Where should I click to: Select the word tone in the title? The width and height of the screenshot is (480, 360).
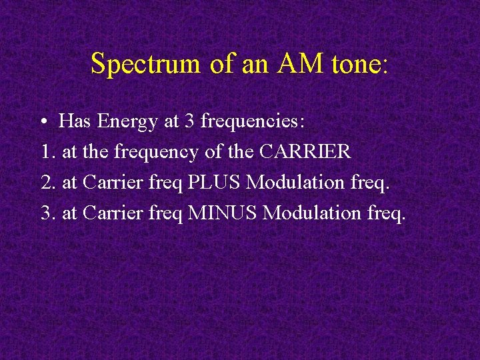coord(351,64)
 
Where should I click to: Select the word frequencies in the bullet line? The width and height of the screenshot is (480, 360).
coord(252,122)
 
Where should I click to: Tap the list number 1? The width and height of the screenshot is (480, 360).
coord(45,152)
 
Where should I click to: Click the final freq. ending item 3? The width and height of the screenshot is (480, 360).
coord(386,214)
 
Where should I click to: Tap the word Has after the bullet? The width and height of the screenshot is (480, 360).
coord(75,122)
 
